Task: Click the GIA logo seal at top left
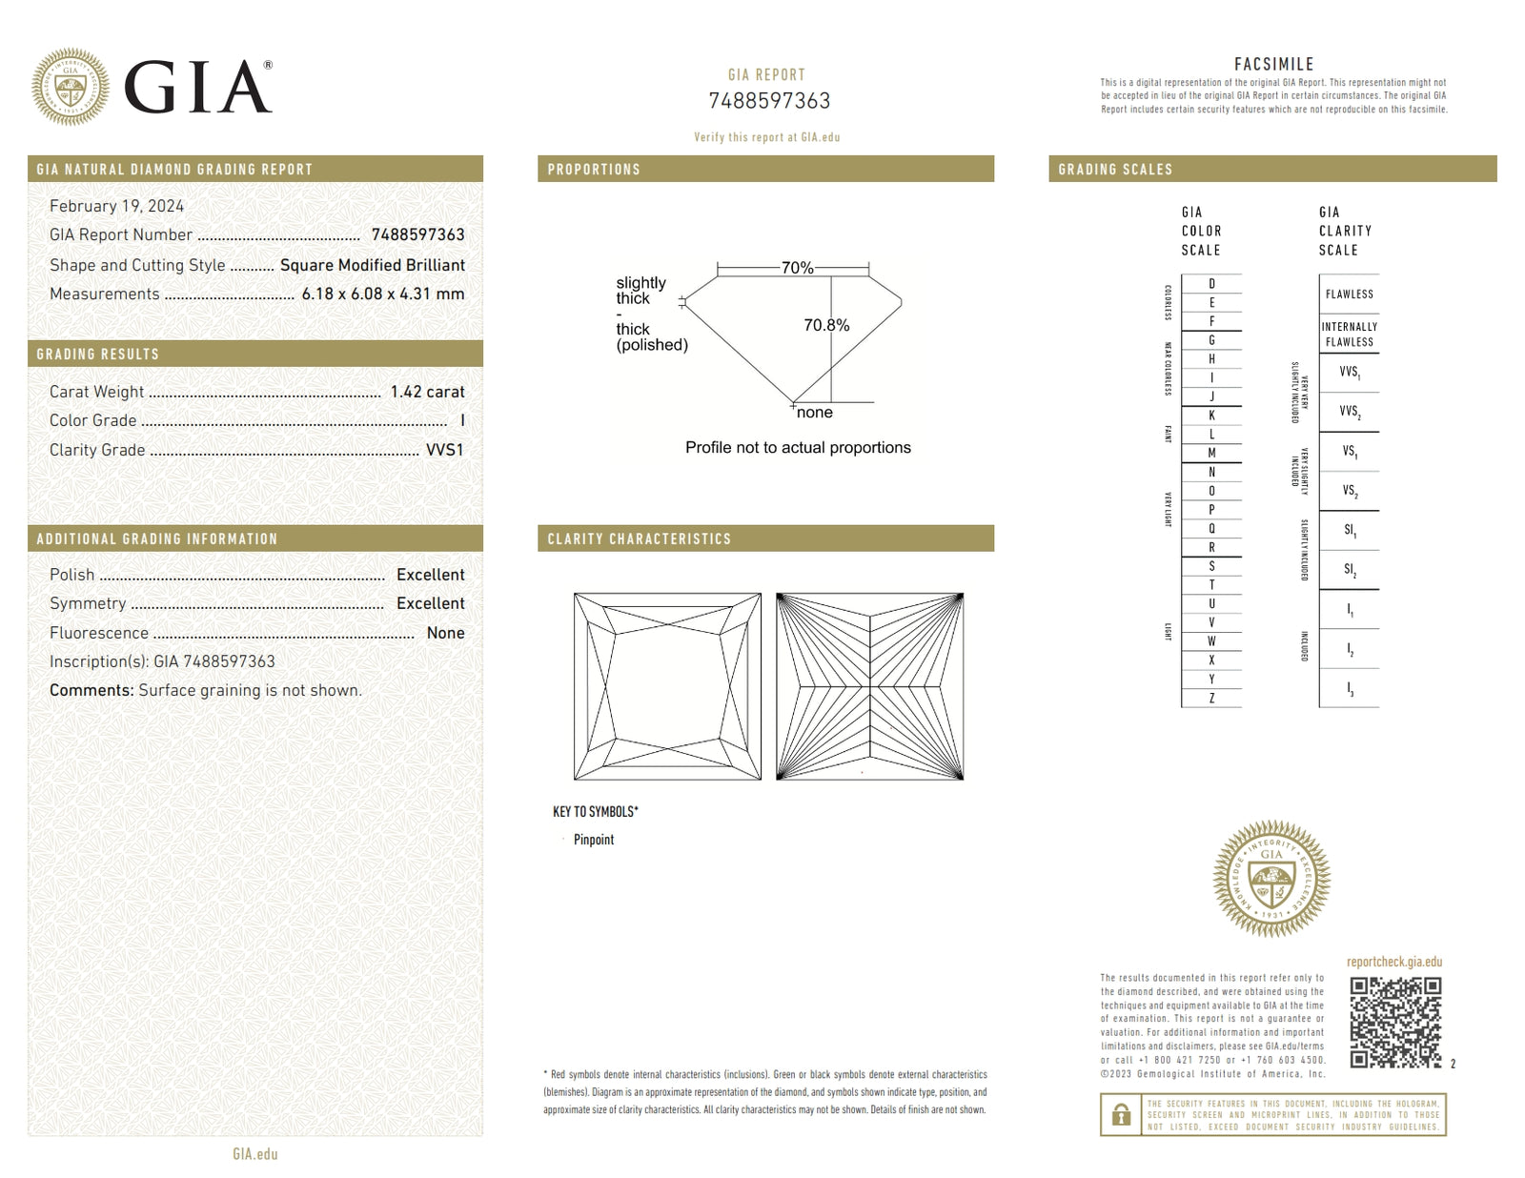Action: coord(70,88)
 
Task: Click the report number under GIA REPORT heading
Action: coord(769,101)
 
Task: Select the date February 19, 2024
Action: coord(116,206)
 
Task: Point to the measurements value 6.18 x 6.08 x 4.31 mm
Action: coord(383,294)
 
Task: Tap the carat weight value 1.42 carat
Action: coord(427,392)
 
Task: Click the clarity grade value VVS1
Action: coord(444,450)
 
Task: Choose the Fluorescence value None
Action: coord(445,633)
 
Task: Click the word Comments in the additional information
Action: coord(91,690)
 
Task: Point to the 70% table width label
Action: coord(797,268)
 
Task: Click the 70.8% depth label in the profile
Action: coord(826,325)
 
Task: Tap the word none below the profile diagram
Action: coord(815,413)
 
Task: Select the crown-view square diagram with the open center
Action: coord(667,686)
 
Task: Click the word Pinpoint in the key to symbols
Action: coord(594,840)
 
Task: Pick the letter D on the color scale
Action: coord(1211,284)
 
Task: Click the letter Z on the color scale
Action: coord(1211,699)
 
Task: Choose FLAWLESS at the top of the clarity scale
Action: coord(1349,294)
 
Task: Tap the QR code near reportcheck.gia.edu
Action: coord(1395,1023)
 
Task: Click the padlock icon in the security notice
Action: coord(1121,1115)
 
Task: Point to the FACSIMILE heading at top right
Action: coord(1273,65)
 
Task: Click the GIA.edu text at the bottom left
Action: coord(255,1154)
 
